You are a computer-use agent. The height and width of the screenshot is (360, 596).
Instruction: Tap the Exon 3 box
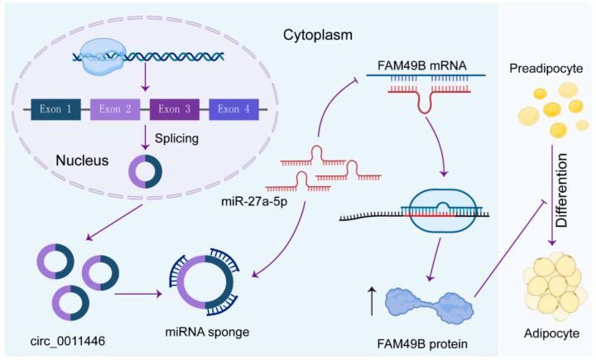coord(175,108)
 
